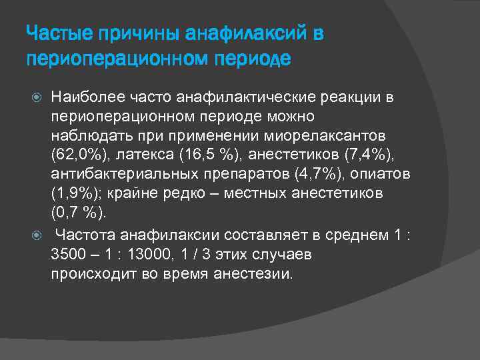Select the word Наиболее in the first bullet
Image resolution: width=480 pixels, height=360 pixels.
click(x=84, y=99)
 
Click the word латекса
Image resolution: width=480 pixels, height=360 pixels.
click(x=138, y=157)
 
